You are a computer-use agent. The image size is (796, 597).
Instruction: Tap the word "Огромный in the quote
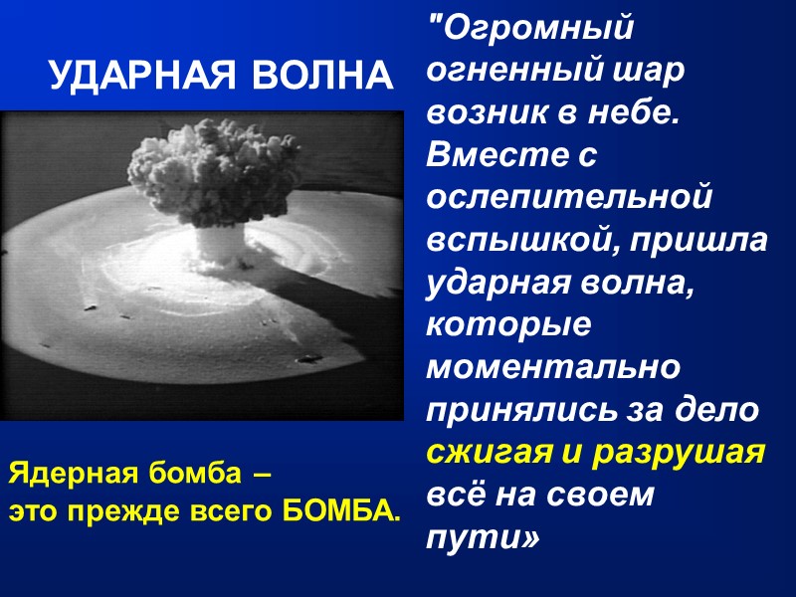[529, 28]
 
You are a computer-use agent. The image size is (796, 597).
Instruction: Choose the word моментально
[553, 367]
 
